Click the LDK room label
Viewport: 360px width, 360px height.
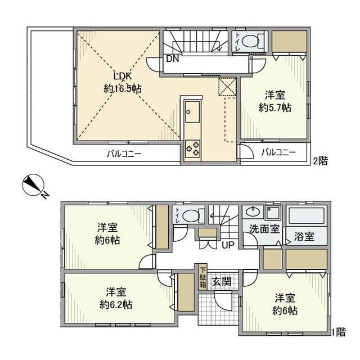click(123, 76)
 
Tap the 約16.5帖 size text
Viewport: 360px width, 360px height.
click(123, 88)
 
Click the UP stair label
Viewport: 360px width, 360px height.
click(228, 245)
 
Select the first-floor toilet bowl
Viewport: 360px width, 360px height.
click(192, 215)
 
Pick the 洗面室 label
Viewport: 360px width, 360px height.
click(264, 229)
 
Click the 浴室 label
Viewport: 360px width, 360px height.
click(305, 237)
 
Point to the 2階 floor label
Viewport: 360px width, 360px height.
click(320, 161)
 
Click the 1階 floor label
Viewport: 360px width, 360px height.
click(338, 332)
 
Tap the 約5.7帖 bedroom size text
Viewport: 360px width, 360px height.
click(274, 107)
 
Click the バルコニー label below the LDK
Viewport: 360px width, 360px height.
click(124, 154)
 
